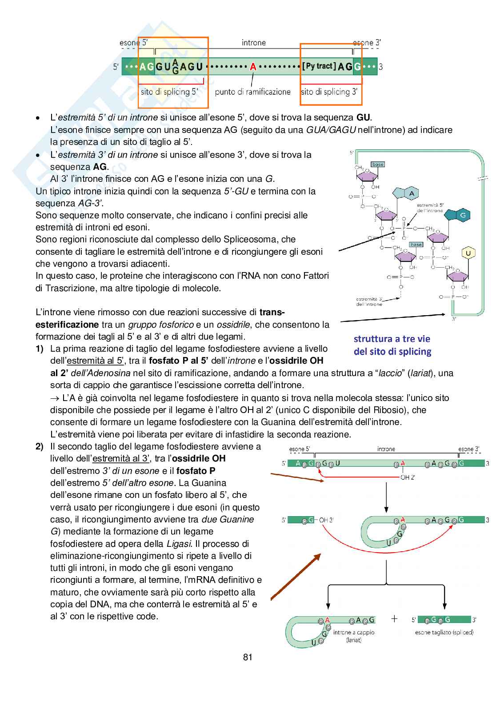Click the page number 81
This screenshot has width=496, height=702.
(248, 657)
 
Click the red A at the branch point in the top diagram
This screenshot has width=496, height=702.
(253, 67)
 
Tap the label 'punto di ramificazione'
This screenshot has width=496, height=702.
(252, 92)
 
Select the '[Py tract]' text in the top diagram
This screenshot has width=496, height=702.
(319, 66)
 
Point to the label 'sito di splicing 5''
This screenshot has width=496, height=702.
(169, 92)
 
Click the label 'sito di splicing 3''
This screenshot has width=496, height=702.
(329, 92)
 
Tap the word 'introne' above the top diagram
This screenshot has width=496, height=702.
(254, 43)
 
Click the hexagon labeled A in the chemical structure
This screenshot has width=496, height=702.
(412, 193)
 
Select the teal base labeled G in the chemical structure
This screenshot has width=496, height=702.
(463, 216)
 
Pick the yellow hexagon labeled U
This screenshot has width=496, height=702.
(468, 253)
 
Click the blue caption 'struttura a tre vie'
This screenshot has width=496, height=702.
(392, 339)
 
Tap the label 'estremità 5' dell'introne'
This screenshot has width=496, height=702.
(430, 208)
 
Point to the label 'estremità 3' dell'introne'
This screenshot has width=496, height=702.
(369, 301)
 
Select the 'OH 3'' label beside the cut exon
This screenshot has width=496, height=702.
(326, 520)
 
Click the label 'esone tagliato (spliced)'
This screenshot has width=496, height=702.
(444, 632)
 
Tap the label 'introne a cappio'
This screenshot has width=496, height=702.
(354, 632)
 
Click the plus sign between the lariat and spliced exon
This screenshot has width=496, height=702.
(394, 619)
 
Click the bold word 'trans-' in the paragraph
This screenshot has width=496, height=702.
(272, 312)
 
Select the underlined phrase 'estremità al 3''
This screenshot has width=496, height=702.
(121, 458)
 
